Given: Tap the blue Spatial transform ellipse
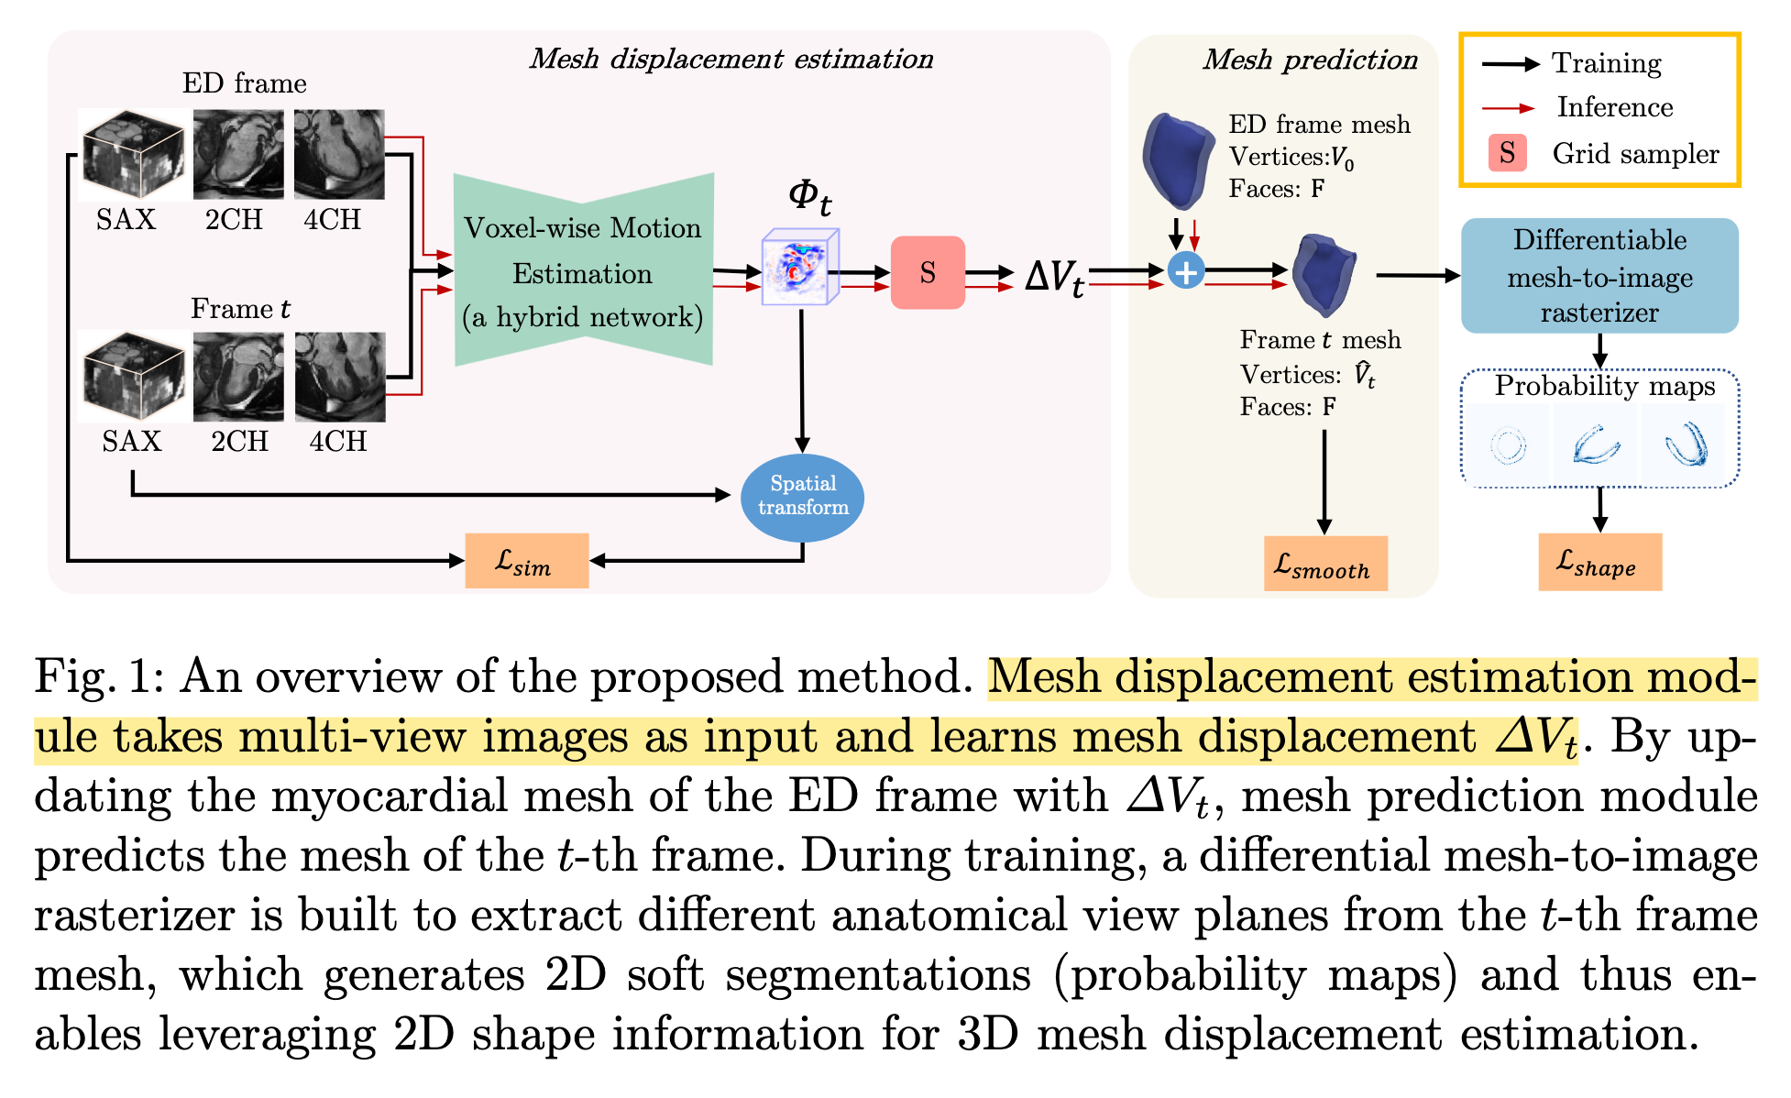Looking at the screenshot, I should pos(802,496).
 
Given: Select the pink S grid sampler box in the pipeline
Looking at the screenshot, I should pos(928,272).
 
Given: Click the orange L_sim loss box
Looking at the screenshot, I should pos(526,560).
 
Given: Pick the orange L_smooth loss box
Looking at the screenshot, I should pos(1324,564).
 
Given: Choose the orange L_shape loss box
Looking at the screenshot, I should pos(1599,562).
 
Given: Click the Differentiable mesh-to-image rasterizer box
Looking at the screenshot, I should pos(1599,275).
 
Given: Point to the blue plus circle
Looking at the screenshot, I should pos(1186,271).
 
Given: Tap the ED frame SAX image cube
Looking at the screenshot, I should pos(133,155).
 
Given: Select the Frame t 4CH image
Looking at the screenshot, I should pos(340,377).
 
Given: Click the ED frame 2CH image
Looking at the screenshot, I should pos(238,154).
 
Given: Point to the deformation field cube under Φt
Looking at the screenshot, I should pos(800,267).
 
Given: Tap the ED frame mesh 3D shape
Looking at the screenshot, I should pos(1179,159).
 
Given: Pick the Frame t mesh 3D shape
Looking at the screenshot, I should pos(1324,273).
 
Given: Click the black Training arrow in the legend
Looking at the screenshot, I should pos(1511,64).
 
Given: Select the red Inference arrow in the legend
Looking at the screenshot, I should pos(1509,108).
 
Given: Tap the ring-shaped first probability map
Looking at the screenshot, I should pos(1508,446).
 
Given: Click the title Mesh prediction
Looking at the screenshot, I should pos(1310,60).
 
